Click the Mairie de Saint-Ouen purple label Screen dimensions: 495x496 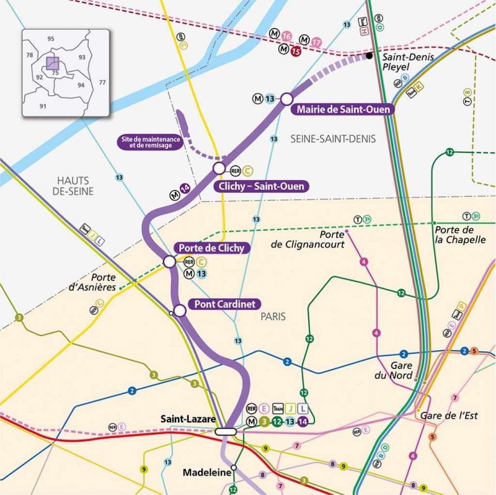[x=343, y=110]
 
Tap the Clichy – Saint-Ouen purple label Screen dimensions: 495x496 [x=261, y=186]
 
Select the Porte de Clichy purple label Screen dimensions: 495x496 [x=212, y=248]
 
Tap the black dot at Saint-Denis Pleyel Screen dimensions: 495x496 [x=369, y=56]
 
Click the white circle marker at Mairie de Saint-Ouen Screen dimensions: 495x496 [x=286, y=99]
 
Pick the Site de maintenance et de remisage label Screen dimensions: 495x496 [x=151, y=142]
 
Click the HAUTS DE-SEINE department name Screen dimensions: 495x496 [x=73, y=186]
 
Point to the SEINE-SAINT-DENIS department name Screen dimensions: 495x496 [x=333, y=139]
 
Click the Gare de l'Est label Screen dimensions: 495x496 [x=449, y=415]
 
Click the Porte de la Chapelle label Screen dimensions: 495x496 [x=460, y=235]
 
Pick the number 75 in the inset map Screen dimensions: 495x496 [x=55, y=72]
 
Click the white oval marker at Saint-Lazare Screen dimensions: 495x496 [x=226, y=431]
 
